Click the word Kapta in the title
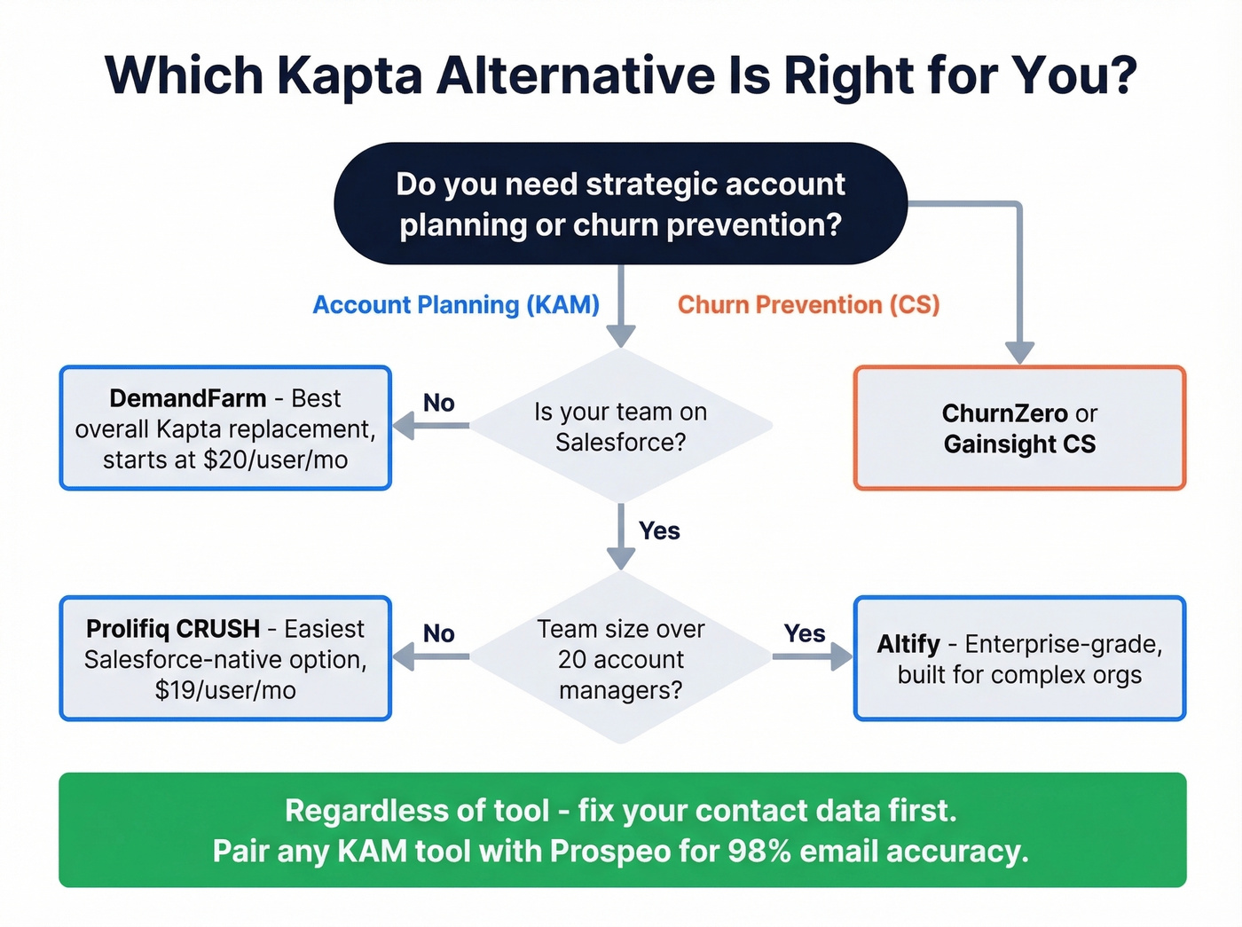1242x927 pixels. [x=350, y=76]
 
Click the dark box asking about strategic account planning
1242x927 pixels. [x=620, y=204]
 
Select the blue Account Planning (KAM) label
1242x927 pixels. [x=456, y=305]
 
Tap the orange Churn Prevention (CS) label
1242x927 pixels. [x=808, y=305]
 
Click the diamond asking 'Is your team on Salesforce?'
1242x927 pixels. [x=620, y=427]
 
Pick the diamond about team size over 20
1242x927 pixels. [x=620, y=658]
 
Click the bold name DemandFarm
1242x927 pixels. [x=187, y=398]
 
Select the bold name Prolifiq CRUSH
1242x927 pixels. [x=173, y=629]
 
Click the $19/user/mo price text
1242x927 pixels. [x=225, y=690]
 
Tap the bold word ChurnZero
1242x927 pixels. [x=1004, y=413]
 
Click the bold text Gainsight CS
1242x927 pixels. [x=1019, y=444]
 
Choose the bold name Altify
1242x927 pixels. [x=908, y=644]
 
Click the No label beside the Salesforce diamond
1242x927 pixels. [x=438, y=404]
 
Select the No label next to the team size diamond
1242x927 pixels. [x=438, y=634]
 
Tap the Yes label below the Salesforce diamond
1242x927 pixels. [x=659, y=531]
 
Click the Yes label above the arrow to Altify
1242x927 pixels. [x=804, y=634]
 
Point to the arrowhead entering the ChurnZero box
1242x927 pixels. [x=1019, y=352]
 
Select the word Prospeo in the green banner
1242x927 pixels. [x=610, y=852]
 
